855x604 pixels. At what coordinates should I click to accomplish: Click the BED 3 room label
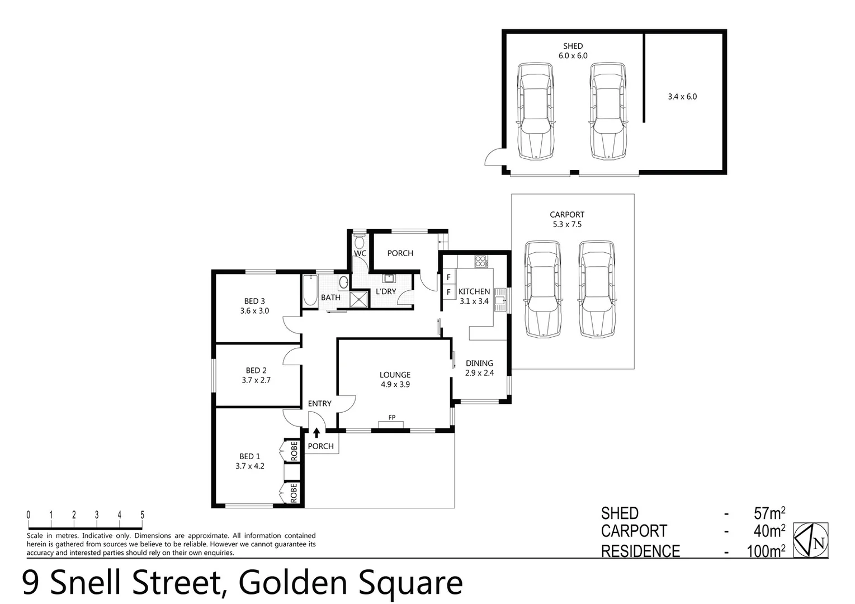(254, 306)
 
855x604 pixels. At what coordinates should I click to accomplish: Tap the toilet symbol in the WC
(360, 242)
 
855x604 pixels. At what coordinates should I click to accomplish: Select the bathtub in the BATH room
(310, 290)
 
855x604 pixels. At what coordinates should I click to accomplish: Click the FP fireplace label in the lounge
(392, 417)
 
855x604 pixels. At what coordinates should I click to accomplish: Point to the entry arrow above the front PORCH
(317, 432)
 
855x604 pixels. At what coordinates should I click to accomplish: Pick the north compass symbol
(811, 540)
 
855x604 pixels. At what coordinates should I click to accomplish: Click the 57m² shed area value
(769, 513)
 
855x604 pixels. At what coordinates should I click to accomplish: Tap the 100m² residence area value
(766, 551)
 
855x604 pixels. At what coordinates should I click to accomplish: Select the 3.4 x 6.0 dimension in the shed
(682, 96)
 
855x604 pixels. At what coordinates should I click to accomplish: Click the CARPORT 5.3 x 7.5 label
(567, 219)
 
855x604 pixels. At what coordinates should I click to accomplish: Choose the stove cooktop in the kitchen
(480, 261)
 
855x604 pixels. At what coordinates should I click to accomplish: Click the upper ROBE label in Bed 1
(294, 450)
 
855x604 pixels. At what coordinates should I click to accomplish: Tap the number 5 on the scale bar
(142, 515)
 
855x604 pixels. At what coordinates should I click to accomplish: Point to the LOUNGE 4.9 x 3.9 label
(395, 380)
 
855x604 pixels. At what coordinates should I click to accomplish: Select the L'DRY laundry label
(386, 291)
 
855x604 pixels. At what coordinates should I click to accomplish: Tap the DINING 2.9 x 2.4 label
(479, 368)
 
